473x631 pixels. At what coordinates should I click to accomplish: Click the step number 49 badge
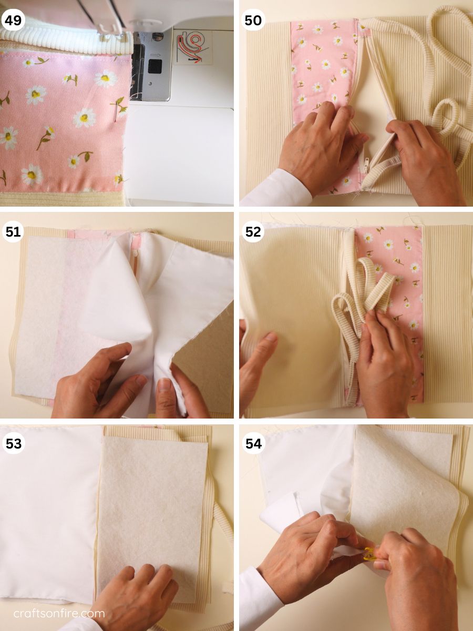(12, 20)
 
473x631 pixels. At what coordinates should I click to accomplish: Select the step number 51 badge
(13, 231)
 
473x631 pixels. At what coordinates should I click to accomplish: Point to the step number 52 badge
(253, 231)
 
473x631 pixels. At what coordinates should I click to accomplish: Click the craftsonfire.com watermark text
(59, 613)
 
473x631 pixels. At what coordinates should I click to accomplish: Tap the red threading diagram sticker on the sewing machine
(192, 46)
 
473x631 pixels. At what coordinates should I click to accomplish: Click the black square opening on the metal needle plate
(154, 66)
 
